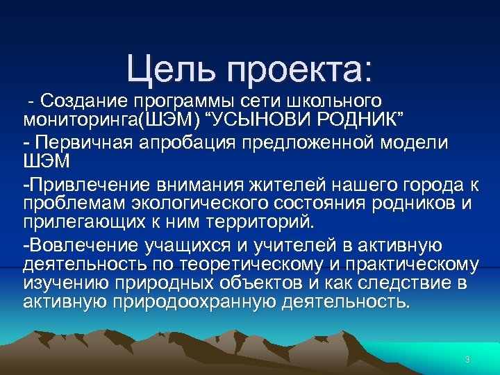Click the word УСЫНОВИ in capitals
[x=269, y=118]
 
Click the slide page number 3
[x=467, y=360]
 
